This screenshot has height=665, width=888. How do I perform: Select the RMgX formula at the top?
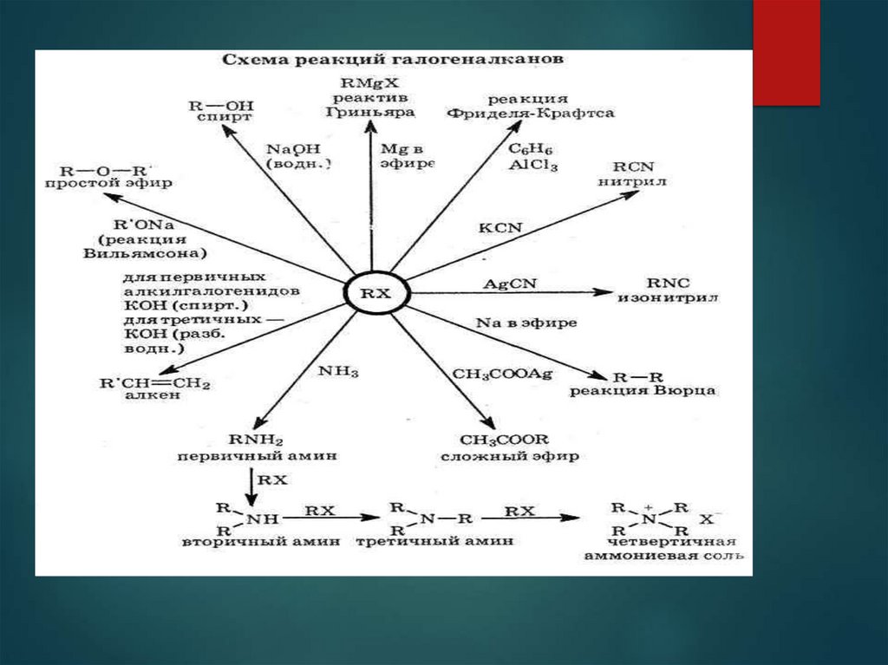pyautogui.click(x=371, y=81)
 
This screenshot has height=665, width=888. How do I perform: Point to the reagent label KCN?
pyautogui.click(x=500, y=227)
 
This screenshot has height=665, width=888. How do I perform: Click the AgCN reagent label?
pyautogui.click(x=505, y=284)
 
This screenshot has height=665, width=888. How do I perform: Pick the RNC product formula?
pyautogui.click(x=665, y=283)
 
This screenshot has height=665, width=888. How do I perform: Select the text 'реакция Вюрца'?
pyautogui.click(x=642, y=391)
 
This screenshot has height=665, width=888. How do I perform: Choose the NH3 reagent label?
pyautogui.click(x=337, y=371)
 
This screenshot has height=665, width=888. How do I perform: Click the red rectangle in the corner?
pyautogui.click(x=786, y=52)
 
